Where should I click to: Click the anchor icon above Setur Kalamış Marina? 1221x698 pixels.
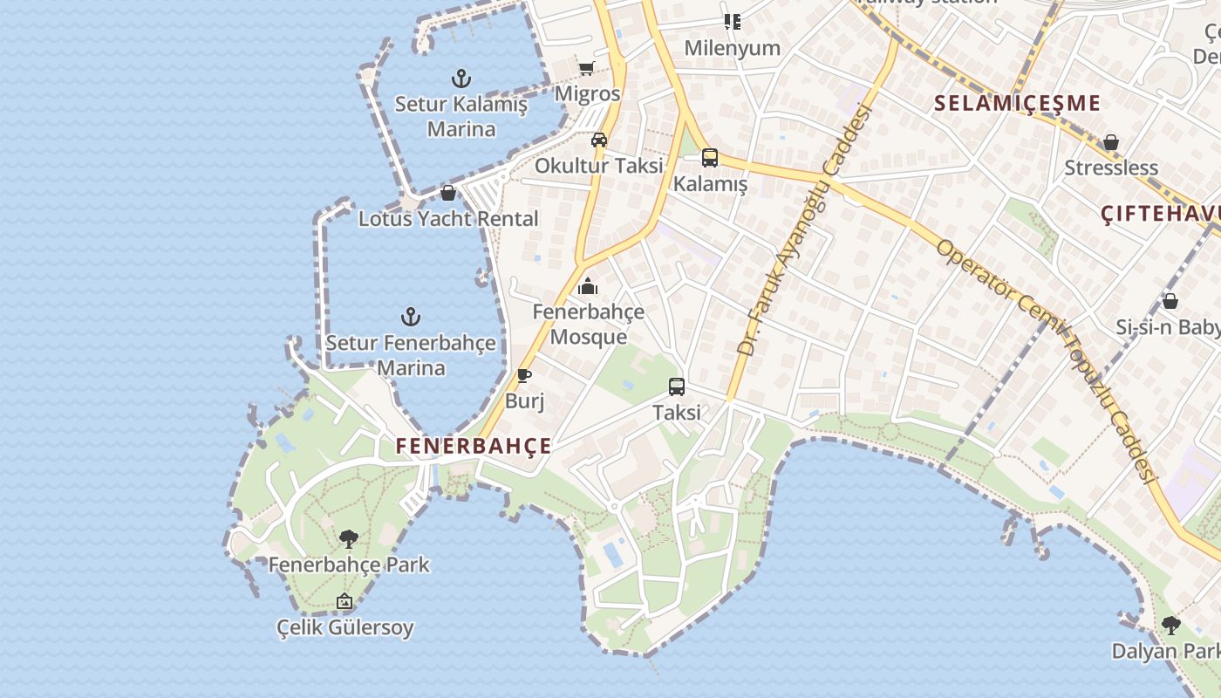[460, 79]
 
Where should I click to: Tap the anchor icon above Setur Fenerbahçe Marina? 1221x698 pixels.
[411, 317]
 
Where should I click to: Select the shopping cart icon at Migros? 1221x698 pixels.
[586, 69]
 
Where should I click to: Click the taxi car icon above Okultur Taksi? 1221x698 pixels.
[599, 140]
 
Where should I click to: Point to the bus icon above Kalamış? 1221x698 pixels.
[710, 158]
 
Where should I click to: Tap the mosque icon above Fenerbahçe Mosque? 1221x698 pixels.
[588, 286]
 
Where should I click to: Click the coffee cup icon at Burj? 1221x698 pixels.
[524, 376]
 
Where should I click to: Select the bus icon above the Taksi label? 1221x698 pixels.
[677, 387]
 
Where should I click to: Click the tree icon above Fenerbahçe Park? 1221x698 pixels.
[349, 539]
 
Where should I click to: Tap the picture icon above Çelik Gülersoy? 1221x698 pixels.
[344, 601]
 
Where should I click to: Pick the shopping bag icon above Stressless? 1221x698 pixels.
[1111, 142]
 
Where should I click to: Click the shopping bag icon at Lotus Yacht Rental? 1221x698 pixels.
[448, 193]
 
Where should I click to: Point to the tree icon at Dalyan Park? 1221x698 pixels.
[1170, 625]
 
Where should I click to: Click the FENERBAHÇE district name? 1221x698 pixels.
[474, 446]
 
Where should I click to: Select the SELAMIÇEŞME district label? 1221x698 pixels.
[1017, 103]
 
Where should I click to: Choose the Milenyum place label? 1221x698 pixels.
[732, 48]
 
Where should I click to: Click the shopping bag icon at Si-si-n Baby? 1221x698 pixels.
[1170, 301]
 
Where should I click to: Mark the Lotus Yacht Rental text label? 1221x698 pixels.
[448, 219]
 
